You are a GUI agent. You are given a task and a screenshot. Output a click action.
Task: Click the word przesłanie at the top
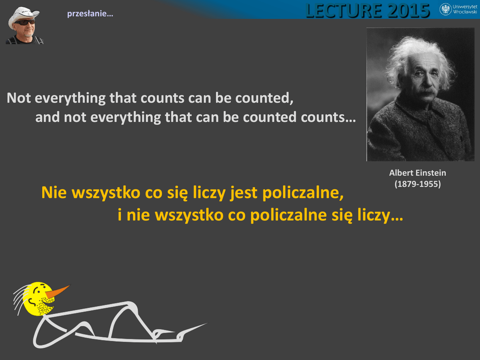point(90,14)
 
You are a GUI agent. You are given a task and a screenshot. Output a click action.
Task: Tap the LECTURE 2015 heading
point(367,10)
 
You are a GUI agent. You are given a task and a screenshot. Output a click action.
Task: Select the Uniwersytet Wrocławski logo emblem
point(445,9)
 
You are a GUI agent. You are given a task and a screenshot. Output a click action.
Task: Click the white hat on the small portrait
point(23,15)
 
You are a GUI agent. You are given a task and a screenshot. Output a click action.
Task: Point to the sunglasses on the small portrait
point(25,22)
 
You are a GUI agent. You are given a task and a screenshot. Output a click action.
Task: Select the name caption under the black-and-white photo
point(418,173)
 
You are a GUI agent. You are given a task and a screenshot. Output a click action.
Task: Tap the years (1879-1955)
point(418,184)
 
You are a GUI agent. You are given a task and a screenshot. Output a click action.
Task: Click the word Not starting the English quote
point(19,98)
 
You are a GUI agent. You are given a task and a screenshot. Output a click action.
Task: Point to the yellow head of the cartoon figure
point(38,299)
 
